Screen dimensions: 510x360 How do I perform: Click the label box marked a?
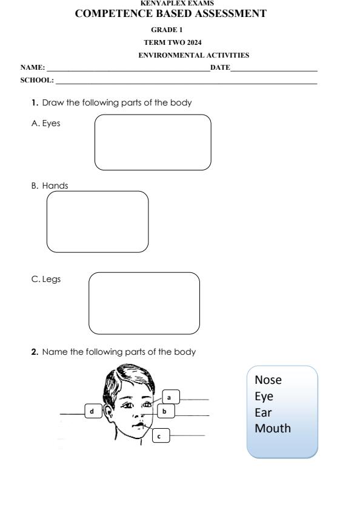(170, 397)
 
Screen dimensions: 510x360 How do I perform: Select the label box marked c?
(159, 435)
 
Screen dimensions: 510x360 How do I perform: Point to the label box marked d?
(92, 412)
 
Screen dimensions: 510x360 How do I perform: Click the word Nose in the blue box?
(268, 381)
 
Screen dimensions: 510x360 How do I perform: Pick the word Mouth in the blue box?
(272, 428)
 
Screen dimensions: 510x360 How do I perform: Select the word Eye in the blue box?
(264, 397)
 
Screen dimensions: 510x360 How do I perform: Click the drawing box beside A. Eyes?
(153, 143)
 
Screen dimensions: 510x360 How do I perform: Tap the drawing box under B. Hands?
(98, 221)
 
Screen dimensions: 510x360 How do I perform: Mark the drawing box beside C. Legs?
(144, 303)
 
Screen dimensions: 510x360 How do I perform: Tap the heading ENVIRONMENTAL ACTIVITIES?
(193, 55)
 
